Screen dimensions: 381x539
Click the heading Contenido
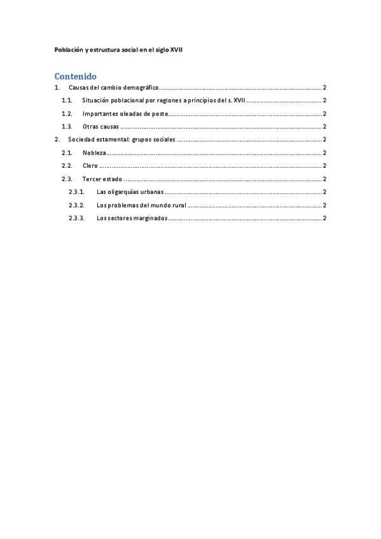pyautogui.click(x=75, y=76)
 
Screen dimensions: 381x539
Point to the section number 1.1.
pyautogui.click(x=67, y=100)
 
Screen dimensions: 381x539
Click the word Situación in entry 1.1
pyautogui.click(x=97, y=100)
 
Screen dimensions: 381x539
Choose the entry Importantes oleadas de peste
pyautogui.click(x=125, y=114)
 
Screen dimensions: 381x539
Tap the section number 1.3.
pyautogui.click(x=67, y=126)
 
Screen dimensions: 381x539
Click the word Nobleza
pyautogui.click(x=94, y=153)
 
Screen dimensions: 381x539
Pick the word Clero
pyautogui.click(x=90, y=166)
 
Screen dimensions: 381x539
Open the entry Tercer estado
pyautogui.click(x=102, y=179)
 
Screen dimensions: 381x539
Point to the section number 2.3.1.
pyautogui.click(x=76, y=192)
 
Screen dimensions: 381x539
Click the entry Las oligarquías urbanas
pyautogui.click(x=130, y=192)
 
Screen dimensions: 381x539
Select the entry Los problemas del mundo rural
pyautogui.click(x=141, y=205)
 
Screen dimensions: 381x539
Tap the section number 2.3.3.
pyautogui.click(x=76, y=218)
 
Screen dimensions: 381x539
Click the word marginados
pyautogui.click(x=150, y=218)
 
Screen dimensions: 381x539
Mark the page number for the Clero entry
pyautogui.click(x=325, y=166)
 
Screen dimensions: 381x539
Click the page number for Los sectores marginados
pyautogui.click(x=325, y=218)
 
